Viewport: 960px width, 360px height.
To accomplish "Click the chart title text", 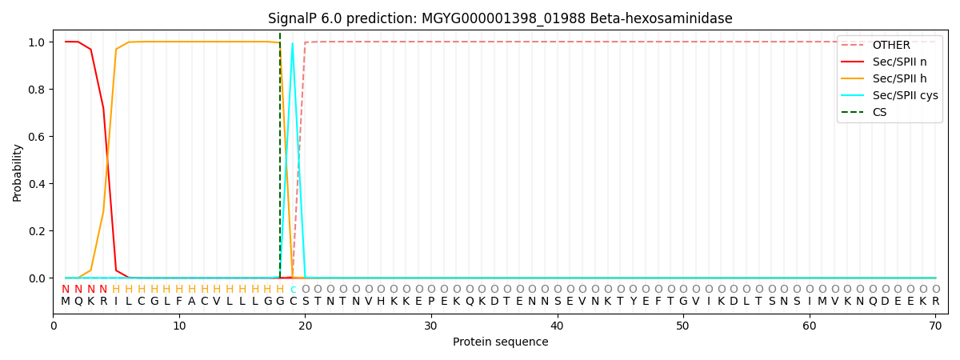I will coord(500,18).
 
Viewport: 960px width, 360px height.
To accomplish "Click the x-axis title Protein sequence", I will coord(500,342).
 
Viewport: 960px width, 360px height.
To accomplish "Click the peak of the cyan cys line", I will coord(293,43).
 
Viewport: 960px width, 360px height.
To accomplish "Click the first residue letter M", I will coord(66,302).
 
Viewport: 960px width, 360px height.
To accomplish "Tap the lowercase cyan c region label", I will coord(293,290).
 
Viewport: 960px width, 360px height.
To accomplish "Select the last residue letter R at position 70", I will coord(935,302).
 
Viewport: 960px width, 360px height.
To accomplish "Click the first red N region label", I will coord(66,290).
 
